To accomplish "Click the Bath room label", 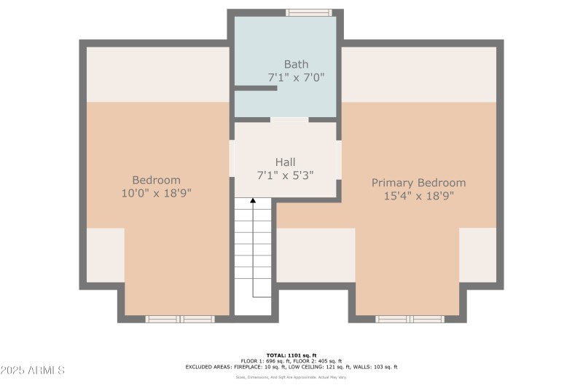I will click(297, 64).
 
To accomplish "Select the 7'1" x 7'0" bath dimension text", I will click(297, 76).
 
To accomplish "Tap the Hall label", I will click(285, 162).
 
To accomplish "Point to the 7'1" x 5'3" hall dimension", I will click(285, 175).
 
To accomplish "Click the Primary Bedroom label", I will click(418, 183).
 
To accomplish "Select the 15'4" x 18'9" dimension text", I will click(418, 196).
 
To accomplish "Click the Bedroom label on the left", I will click(156, 180).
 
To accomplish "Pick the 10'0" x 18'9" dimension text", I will click(156, 193).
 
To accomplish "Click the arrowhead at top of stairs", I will click(253, 199).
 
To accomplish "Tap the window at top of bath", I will click(309, 12).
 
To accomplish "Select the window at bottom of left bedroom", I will click(180, 319).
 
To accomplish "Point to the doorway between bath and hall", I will click(289, 119).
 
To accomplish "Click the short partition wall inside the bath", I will click(255, 88).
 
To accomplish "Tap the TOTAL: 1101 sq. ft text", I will click(291, 355).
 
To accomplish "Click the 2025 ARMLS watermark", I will click(33, 371).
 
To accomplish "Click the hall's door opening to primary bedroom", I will click(339, 159).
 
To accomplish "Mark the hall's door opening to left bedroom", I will click(232, 159).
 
